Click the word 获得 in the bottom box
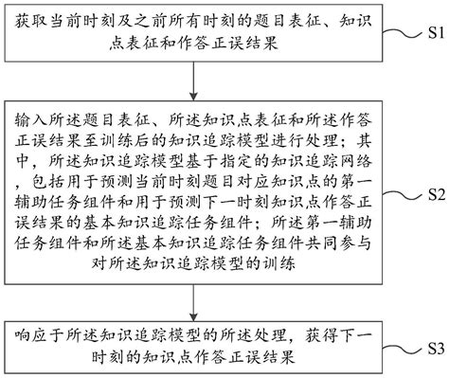[x=321, y=336]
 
